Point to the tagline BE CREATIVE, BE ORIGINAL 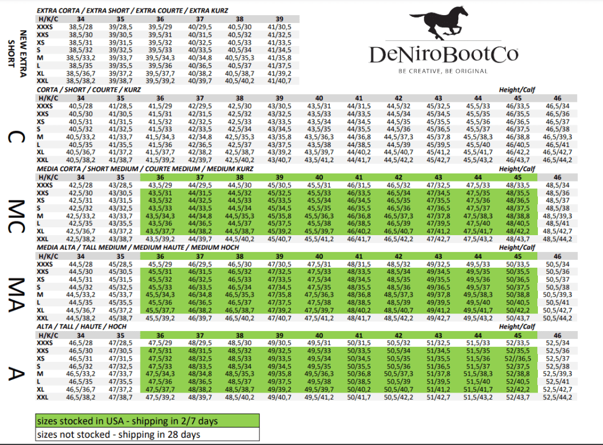[443, 71]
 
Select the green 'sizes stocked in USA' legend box [147, 420]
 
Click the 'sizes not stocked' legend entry [147, 434]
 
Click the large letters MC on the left [19, 207]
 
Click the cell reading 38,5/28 [81, 27]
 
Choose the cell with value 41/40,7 [279, 80]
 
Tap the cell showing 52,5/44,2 [557, 397]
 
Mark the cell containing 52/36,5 [518, 358]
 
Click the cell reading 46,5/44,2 [557, 160]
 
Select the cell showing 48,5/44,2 [557, 239]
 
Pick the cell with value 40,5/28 [81, 106]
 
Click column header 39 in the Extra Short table [279, 19]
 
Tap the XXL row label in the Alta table [43, 397]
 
